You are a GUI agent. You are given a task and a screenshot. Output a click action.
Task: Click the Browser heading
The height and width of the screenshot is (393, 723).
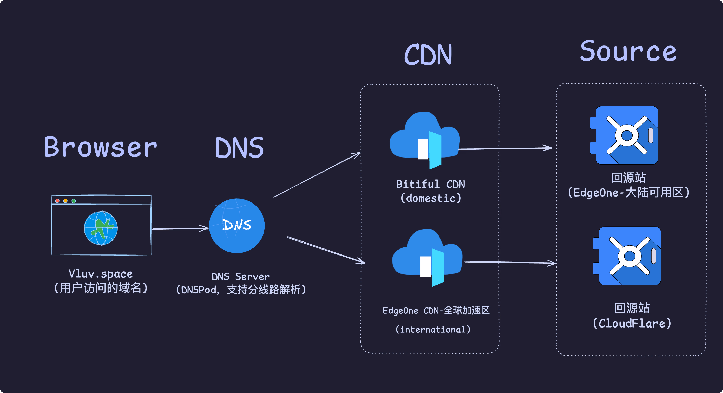(100, 147)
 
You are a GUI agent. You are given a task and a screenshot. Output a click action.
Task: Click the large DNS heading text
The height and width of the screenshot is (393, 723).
(239, 148)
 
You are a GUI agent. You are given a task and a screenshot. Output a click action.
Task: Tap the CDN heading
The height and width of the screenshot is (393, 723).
(428, 55)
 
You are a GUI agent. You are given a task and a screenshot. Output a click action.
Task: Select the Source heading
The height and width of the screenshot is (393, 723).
(628, 51)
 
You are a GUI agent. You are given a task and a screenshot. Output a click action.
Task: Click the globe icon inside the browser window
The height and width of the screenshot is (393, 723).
(101, 228)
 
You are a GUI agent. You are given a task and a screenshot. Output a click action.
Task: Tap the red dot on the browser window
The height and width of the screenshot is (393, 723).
(57, 201)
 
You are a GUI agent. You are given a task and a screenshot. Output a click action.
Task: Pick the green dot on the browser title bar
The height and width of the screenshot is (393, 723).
(74, 201)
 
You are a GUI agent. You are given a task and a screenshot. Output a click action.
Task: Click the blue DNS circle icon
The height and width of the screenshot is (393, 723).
(237, 226)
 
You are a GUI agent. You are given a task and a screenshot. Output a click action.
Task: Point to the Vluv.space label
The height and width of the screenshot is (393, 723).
(101, 274)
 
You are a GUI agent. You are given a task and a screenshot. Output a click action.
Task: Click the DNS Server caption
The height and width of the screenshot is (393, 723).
(241, 277)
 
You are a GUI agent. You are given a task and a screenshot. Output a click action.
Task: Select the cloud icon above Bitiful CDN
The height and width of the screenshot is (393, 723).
(424, 139)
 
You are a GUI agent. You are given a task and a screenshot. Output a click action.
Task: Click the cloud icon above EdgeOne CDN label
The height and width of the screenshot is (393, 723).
(427, 256)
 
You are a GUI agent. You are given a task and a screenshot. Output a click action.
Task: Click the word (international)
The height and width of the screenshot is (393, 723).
(433, 329)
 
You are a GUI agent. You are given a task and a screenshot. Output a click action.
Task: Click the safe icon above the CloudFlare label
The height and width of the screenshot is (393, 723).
(627, 256)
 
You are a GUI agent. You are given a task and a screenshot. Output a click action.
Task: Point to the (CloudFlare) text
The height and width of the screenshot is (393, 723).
(632, 323)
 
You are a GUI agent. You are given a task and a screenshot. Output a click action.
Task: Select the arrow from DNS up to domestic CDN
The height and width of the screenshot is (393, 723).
(317, 175)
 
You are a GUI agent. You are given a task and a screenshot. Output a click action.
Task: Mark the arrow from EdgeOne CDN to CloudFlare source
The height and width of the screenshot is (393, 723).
(509, 263)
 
